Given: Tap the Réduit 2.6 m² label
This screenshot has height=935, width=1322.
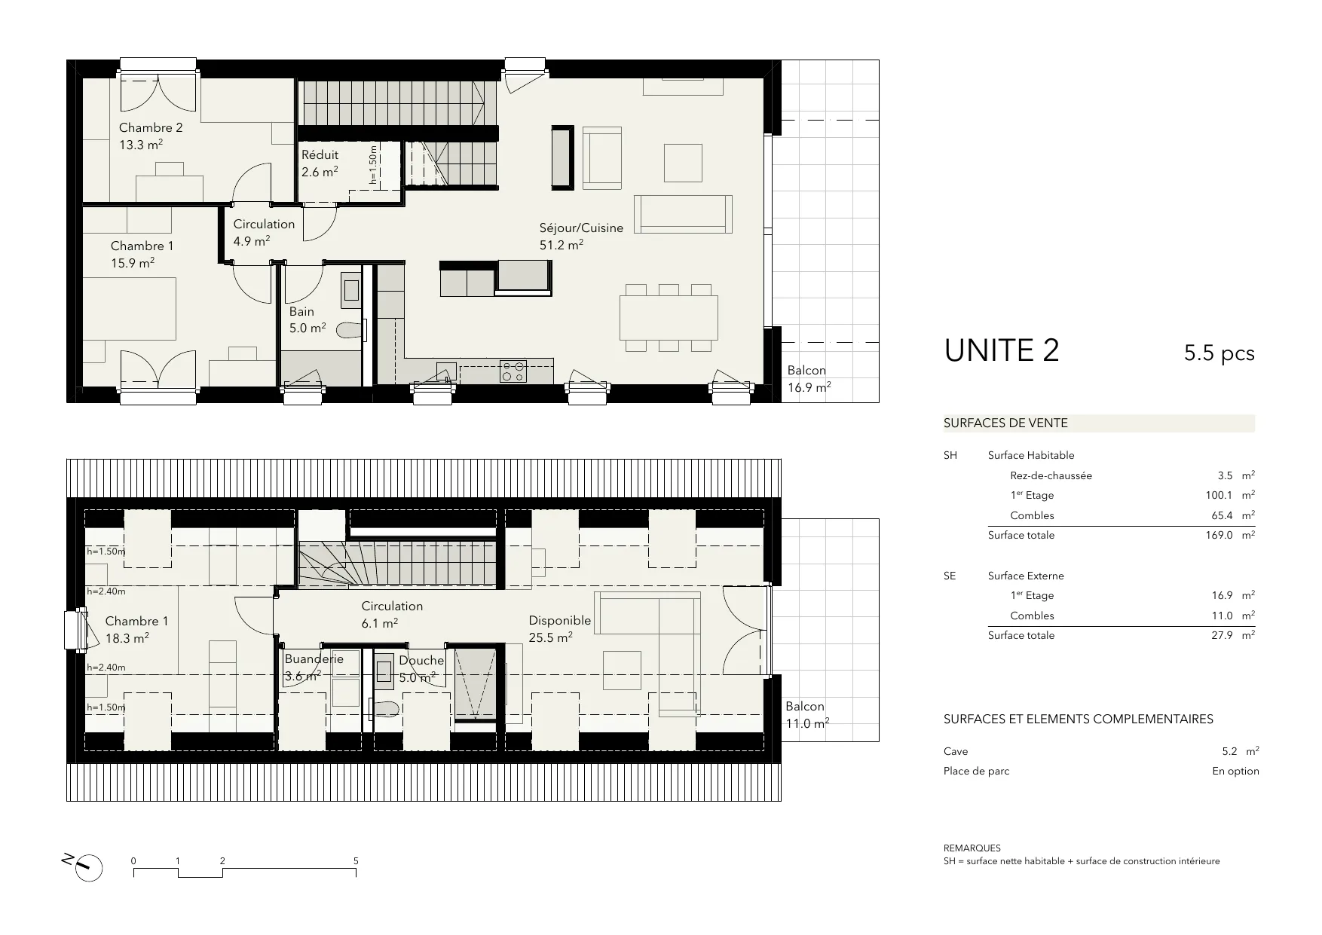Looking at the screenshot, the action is [320, 163].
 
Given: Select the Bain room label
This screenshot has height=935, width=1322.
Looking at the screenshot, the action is [301, 311].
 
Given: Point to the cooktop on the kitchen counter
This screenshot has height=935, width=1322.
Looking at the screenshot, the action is [513, 371].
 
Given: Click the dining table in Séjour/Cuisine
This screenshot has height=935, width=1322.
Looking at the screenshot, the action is [669, 317].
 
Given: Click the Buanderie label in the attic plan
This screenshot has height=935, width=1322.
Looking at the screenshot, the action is [314, 658].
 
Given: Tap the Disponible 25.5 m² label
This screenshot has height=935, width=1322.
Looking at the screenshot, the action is [559, 628].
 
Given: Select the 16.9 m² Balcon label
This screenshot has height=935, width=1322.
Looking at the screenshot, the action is [809, 379].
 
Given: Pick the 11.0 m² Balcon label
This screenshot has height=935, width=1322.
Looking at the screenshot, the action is [806, 715].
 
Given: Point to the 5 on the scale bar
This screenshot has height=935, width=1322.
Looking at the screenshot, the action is [356, 860].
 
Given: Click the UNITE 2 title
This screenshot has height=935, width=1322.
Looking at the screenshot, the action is [1002, 350].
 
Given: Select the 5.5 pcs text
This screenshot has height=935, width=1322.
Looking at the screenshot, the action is [1219, 353].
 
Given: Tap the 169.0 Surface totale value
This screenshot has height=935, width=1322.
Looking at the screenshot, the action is [1219, 535].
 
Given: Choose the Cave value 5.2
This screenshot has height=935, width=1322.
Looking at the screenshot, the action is [1229, 751].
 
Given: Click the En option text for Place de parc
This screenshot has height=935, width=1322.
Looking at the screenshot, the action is [1235, 771].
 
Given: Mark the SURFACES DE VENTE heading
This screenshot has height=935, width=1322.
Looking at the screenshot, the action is [1005, 423].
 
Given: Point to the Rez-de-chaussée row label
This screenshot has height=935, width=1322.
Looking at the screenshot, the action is [1051, 475].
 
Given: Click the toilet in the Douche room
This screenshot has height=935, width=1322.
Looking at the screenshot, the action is [386, 707].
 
